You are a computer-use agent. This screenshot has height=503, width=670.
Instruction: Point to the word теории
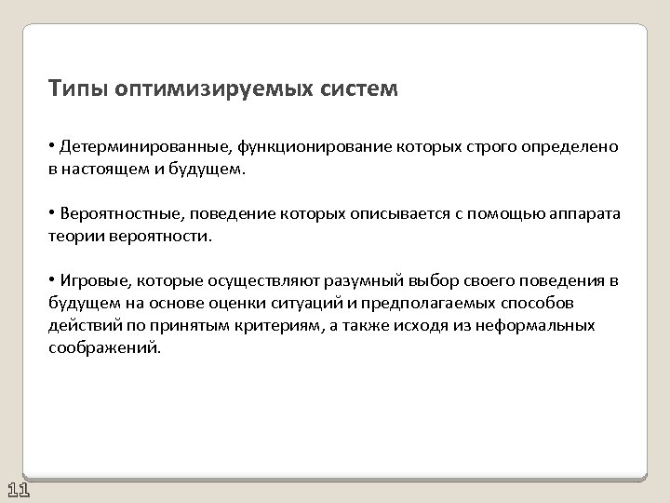pyautogui.click(x=73, y=237)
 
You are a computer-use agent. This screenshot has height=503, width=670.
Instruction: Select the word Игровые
pyautogui.click(x=91, y=281)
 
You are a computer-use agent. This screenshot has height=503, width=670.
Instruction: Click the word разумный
pyautogui.click(x=347, y=281)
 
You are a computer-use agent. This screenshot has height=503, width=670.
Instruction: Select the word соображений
pyautogui.click(x=103, y=348)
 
